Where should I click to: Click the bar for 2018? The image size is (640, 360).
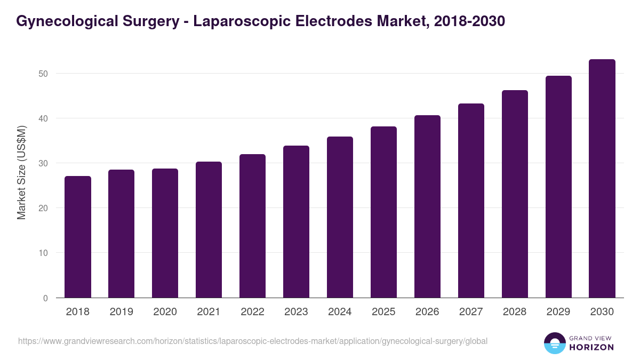click(78, 237)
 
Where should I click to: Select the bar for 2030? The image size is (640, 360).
click(602, 179)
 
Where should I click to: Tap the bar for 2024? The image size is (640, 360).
click(340, 217)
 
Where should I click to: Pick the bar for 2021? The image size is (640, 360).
click(209, 229)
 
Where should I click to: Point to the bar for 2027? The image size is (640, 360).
click(471, 201)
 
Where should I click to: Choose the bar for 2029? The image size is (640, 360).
click(558, 187)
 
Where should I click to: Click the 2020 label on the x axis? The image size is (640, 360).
click(165, 312)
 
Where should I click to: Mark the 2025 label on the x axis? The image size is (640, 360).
click(383, 312)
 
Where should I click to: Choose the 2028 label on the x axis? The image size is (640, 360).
click(515, 312)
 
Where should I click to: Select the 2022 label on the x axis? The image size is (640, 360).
click(252, 312)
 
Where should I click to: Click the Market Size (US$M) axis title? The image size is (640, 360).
click(21, 173)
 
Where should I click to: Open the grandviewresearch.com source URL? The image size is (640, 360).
click(252, 341)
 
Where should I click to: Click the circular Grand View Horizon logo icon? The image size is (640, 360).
click(554, 343)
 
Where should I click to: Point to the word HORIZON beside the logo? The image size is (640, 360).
click(592, 347)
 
